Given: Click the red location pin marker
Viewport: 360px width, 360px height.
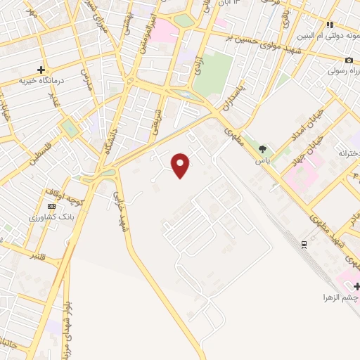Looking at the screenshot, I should pos(181,165).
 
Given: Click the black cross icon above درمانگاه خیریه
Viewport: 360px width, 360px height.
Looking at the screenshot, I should pos(41,70).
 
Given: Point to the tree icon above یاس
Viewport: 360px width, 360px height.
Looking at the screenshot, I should pos(262,149).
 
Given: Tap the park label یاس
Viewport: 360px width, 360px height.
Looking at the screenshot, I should pos(262,160).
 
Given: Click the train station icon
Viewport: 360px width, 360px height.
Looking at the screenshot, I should pos(304,244).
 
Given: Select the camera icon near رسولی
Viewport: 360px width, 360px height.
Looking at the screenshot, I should pos(349,60).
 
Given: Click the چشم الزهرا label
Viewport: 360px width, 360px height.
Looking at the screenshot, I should pos(340,297).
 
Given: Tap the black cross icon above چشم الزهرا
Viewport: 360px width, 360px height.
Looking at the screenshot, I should pos(356,286).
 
